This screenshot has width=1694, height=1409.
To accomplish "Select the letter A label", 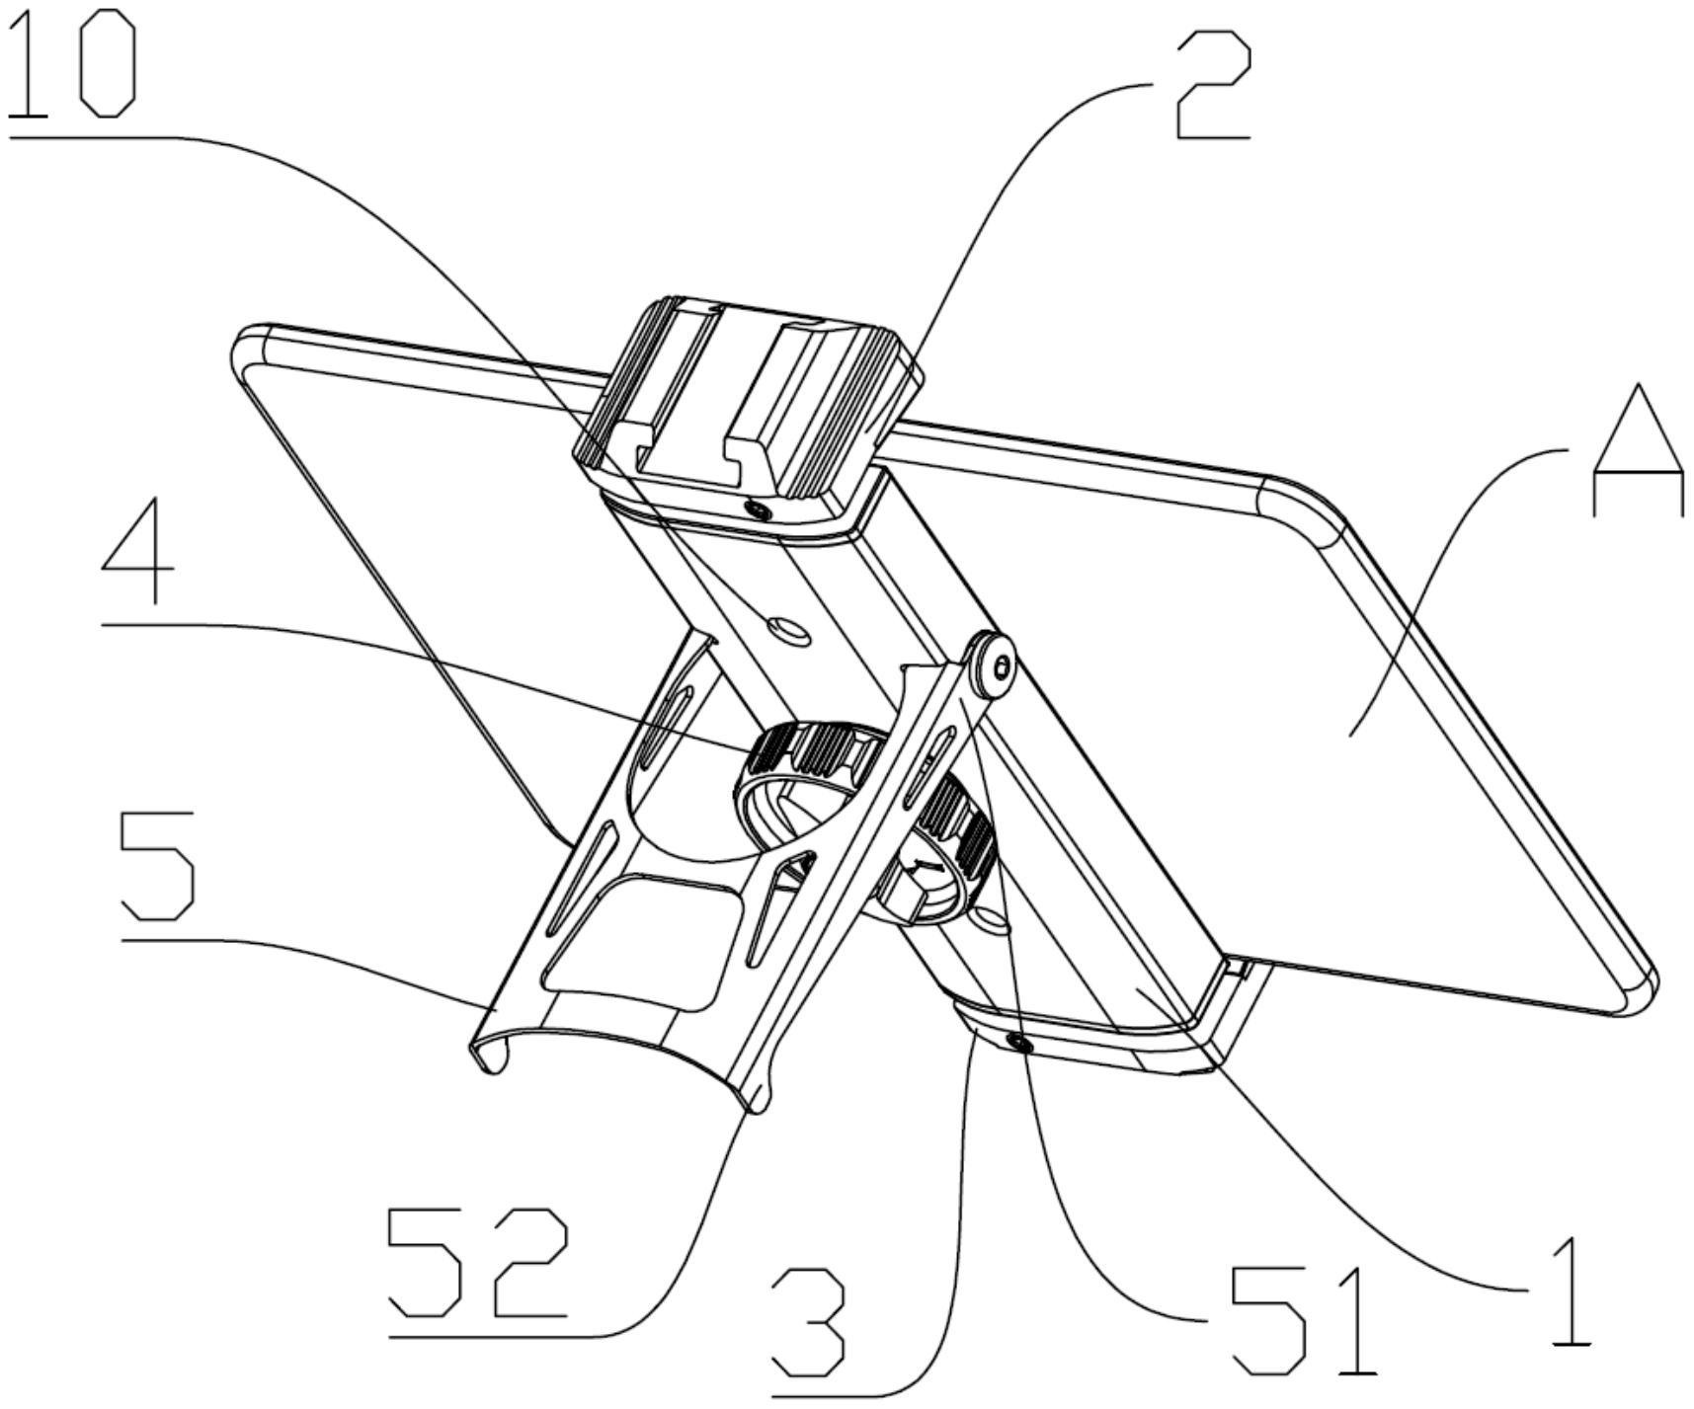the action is coord(1637,452).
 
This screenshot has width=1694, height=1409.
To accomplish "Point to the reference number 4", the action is coord(138,558).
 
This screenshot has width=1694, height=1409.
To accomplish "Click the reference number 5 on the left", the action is coord(156,865).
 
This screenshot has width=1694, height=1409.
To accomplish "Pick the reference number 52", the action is coord(479,1262).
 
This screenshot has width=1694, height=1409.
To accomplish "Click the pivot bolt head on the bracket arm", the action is coord(996,667).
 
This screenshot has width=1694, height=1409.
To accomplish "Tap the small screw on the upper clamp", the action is coord(759,509).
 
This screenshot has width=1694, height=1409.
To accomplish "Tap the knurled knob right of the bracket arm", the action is coord(948,839).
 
